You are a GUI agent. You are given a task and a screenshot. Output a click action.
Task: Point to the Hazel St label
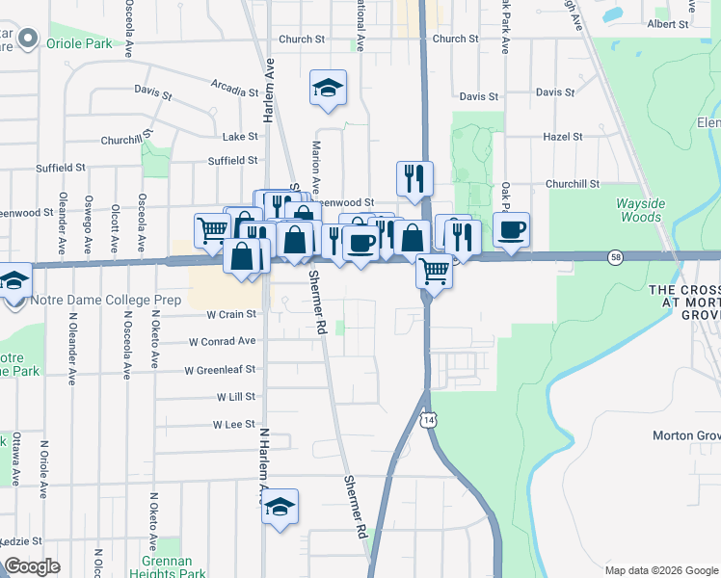pos(563,137)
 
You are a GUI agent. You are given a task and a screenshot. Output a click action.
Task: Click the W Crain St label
pos(231,314)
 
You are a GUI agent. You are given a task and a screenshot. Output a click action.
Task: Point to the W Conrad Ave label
pos(222,341)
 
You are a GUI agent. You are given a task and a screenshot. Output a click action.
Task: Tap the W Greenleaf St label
pos(220,370)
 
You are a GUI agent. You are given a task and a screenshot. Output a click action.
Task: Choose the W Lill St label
pos(235,397)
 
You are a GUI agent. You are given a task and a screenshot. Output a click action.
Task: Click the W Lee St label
pos(234,424)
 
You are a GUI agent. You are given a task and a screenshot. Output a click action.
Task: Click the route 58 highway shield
pos(614,257)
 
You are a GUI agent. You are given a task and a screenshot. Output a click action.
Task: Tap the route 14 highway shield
pos(428,421)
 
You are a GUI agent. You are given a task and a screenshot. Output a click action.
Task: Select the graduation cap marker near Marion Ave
pos(328,89)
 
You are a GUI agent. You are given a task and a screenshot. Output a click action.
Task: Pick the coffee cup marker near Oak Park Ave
pos(511,231)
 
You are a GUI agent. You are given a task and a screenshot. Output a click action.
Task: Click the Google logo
pos(32,566)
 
